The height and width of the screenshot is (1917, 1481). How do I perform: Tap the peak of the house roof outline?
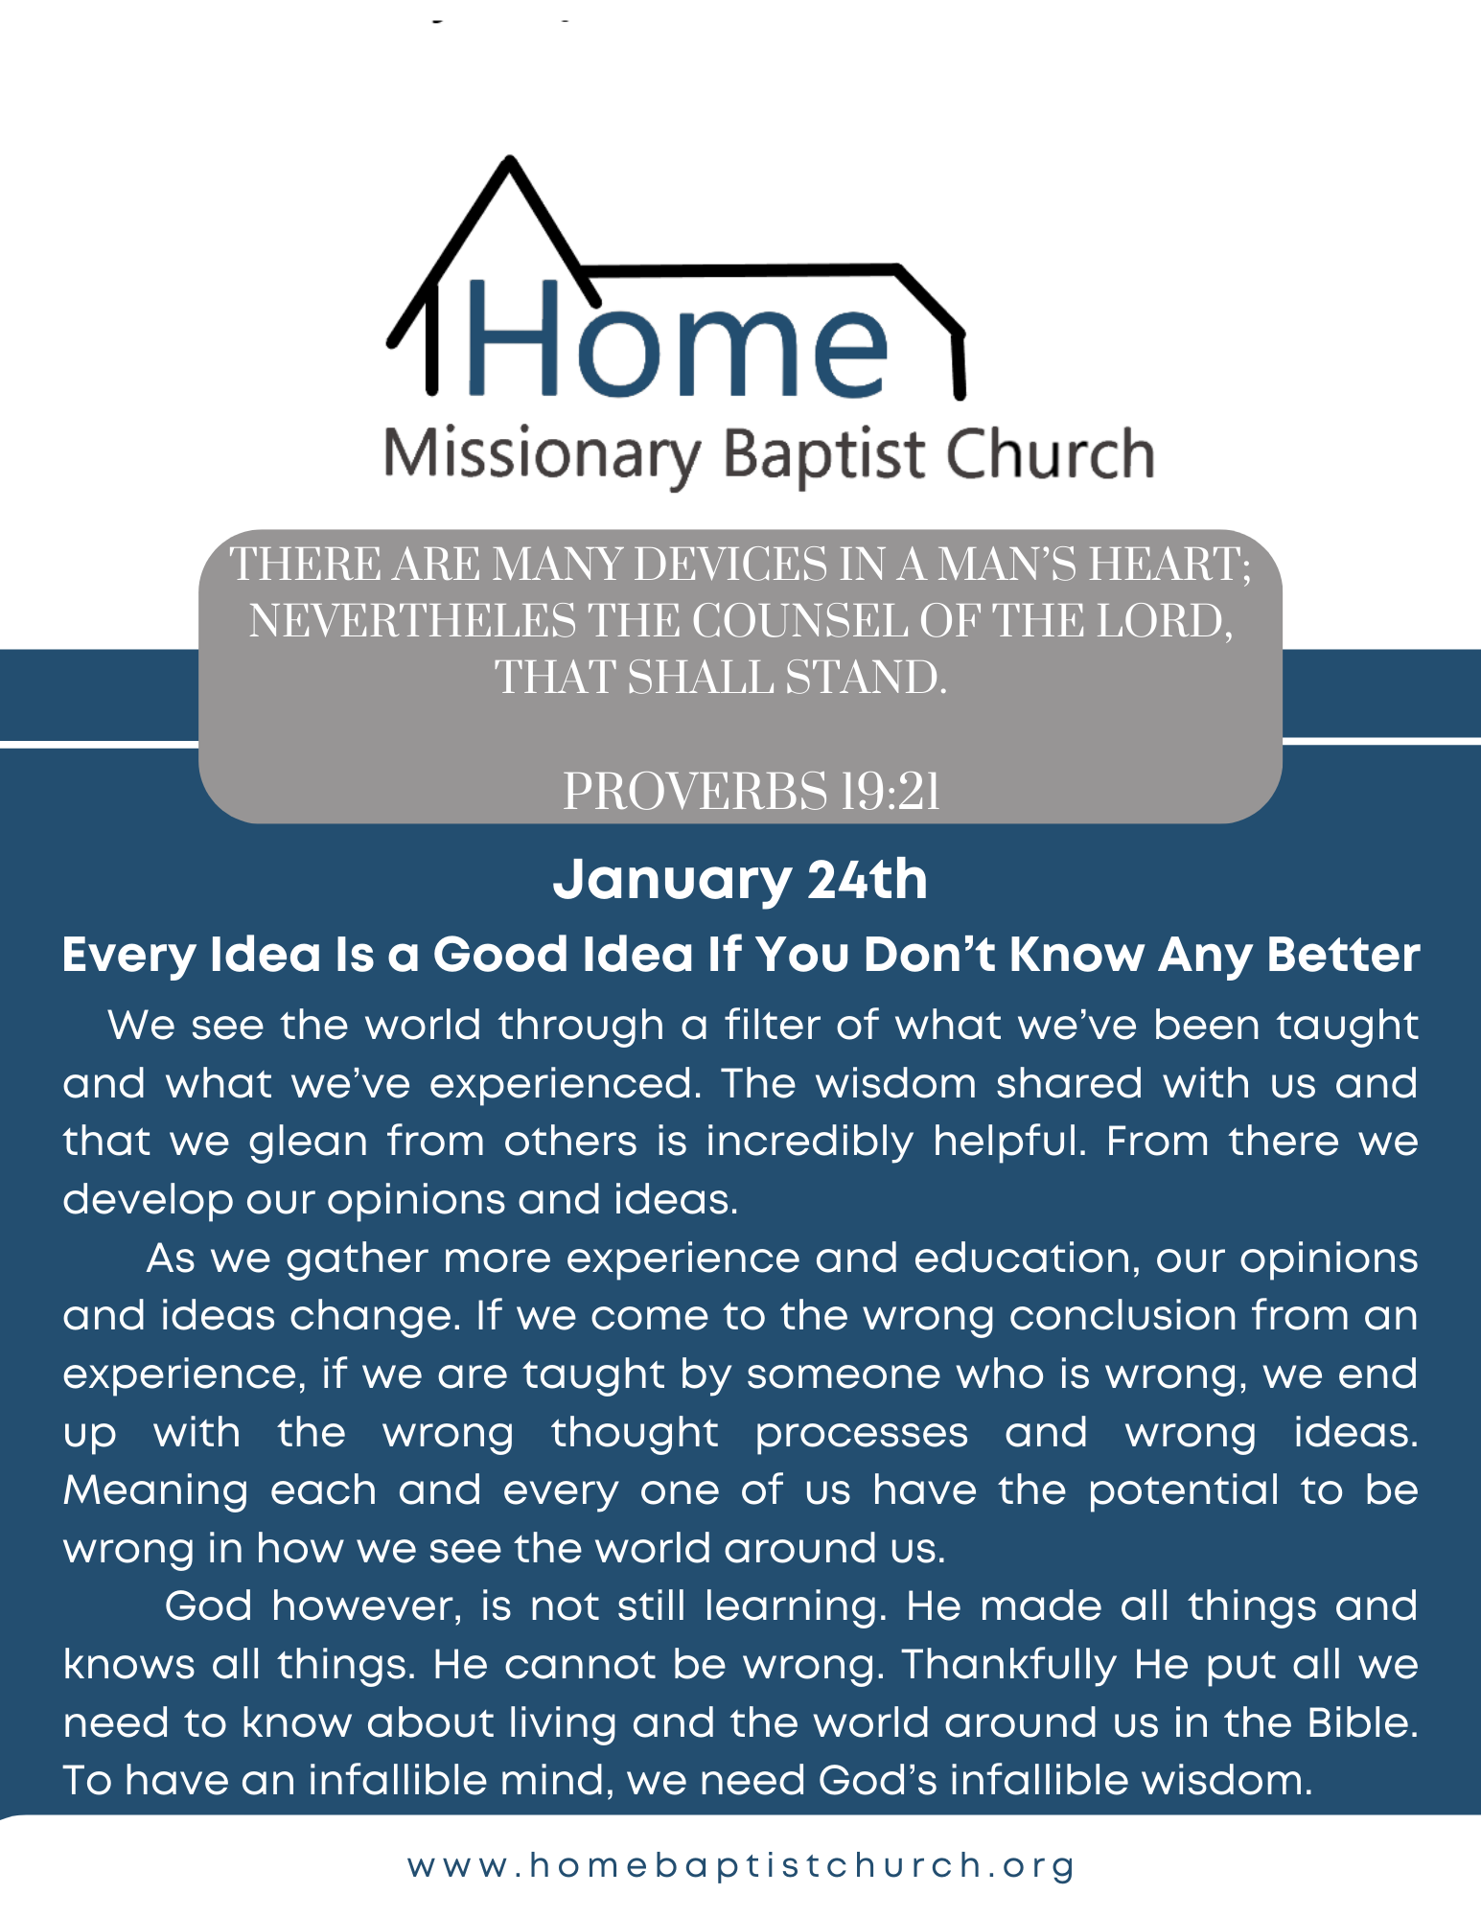click(510, 161)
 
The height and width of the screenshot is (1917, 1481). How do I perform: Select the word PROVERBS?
click(694, 793)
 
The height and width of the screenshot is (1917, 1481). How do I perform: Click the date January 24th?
click(740, 880)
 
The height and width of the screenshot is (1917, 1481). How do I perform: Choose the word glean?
click(309, 1142)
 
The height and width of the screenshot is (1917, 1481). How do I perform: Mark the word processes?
click(862, 1433)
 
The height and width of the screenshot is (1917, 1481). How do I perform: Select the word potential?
click(1184, 1490)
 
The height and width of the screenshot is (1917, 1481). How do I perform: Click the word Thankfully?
click(1009, 1665)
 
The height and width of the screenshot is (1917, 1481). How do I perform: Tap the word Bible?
click(1362, 1722)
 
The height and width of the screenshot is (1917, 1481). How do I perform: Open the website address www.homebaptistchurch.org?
click(741, 1865)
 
